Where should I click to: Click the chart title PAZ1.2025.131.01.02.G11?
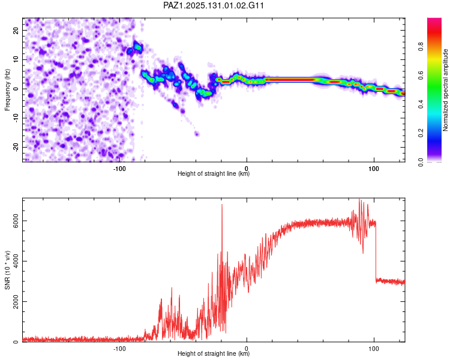[213, 5]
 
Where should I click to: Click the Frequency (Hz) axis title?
[7, 90]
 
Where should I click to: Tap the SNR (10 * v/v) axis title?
[7, 270]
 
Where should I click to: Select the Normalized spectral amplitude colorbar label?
[445, 90]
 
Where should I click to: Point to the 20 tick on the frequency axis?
[16, 30]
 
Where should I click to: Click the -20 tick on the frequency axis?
[16, 147]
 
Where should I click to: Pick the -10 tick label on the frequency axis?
[16, 118]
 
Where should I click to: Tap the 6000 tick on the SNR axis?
[16, 221]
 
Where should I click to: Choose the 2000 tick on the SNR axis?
[16, 301]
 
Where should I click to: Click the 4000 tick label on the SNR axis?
[16, 261]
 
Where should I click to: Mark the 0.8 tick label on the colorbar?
[421, 46]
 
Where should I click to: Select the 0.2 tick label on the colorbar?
[421, 133]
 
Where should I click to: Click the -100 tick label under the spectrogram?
[119, 169]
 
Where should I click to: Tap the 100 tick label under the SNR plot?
[374, 349]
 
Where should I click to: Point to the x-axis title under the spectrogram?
[214, 173]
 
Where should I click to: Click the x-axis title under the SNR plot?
[214, 353]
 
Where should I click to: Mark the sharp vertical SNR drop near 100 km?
[376, 251]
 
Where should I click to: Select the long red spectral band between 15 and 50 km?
[290, 80]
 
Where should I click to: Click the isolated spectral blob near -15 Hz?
[197, 133]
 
